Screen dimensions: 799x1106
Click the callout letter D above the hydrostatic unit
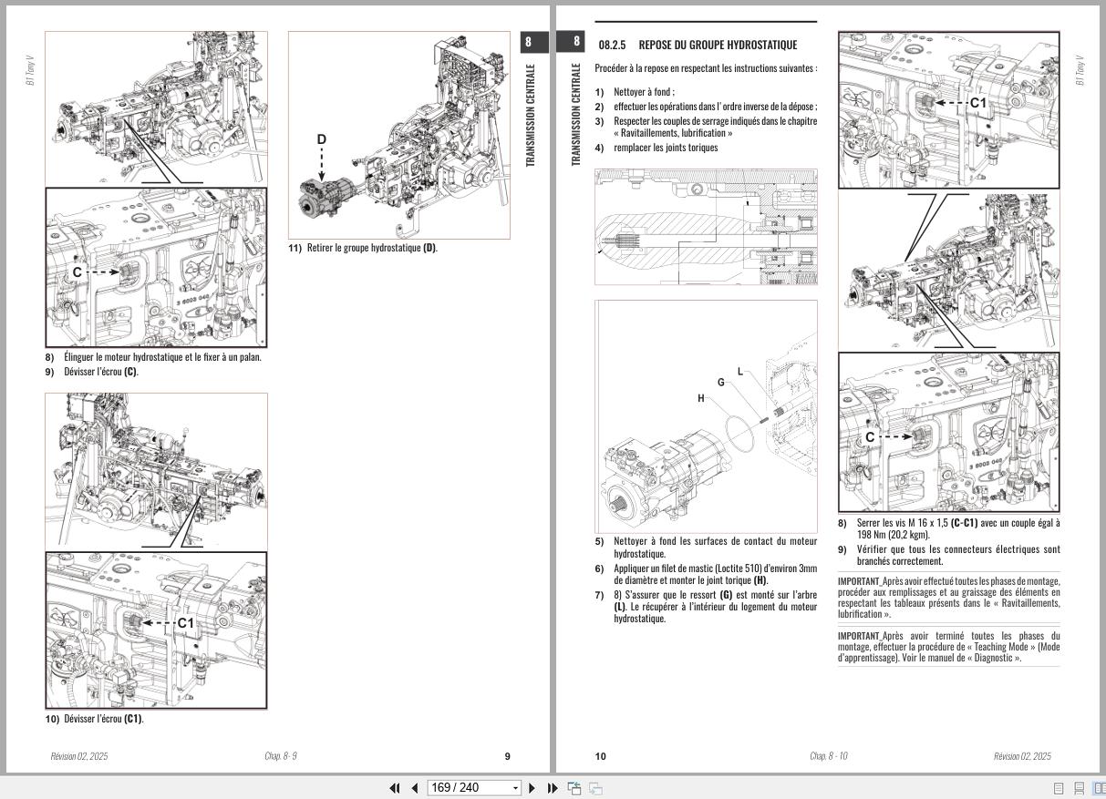pos(321,139)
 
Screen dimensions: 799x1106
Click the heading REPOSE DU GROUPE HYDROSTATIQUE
pos(718,45)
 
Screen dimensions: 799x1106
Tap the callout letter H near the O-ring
pos(701,398)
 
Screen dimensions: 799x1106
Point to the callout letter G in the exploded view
pos(721,382)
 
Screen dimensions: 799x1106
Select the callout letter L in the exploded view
pos(739,371)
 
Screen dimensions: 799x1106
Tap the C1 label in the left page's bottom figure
pos(185,623)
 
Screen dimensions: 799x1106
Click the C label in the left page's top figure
pos(78,271)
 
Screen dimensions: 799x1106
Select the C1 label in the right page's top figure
pos(978,103)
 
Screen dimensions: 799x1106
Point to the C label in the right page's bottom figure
pos(870,437)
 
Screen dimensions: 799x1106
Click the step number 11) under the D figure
pos(295,248)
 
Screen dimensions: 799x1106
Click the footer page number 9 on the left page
pos(508,756)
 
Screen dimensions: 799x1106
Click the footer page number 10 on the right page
pos(600,756)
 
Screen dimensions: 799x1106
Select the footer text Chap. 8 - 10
pos(828,756)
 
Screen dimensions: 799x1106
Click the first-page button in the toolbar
pos(395,788)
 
